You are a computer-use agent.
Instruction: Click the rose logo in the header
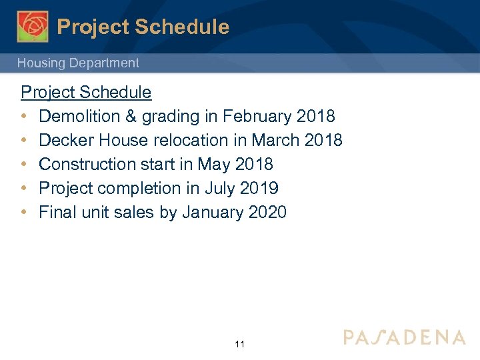pos(33,27)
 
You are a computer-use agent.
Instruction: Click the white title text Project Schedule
pos(143,27)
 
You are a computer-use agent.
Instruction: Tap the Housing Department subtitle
pos(78,63)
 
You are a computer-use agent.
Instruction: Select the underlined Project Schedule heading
pos(86,92)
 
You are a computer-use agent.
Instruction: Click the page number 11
pos(240,344)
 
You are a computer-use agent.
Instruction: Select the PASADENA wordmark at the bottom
pos(405,337)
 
